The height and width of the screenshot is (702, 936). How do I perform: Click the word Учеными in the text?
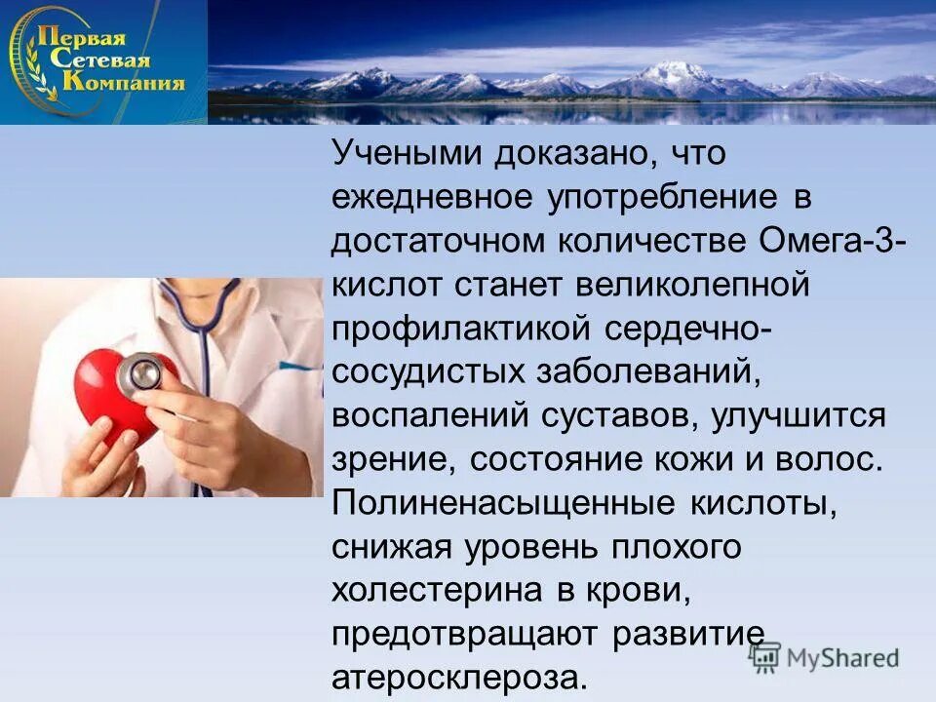403,153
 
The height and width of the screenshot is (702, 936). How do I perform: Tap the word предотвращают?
466,635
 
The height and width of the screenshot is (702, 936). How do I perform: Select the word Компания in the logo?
123,82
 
